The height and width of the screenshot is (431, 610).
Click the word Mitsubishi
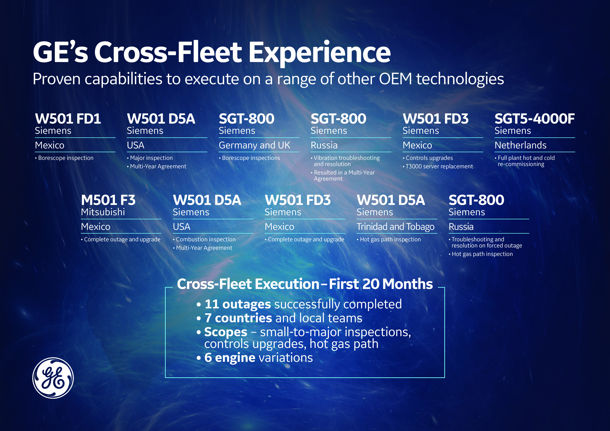[103, 212]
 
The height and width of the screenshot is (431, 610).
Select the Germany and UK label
[254, 145]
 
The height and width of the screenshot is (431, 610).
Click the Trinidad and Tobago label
[395, 227]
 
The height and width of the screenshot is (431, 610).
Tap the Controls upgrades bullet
[428, 158]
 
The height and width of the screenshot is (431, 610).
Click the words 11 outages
[238, 304]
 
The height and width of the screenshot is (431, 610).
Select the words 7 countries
[238, 318]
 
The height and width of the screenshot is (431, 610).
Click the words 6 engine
[230, 358]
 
